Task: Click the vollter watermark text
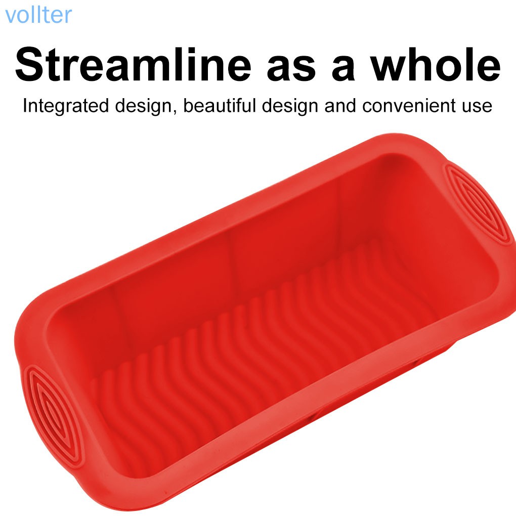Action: pyautogui.click(x=38, y=15)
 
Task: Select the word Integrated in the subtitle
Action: pyautogui.click(x=66, y=106)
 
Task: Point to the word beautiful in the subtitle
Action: pyautogui.click(x=220, y=105)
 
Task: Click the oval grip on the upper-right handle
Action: pyautogui.click(x=481, y=204)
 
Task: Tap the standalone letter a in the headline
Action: pyautogui.click(x=343, y=70)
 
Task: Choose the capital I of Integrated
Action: pyautogui.click(x=25, y=106)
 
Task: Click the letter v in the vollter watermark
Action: pyautogui.click(x=10, y=17)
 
